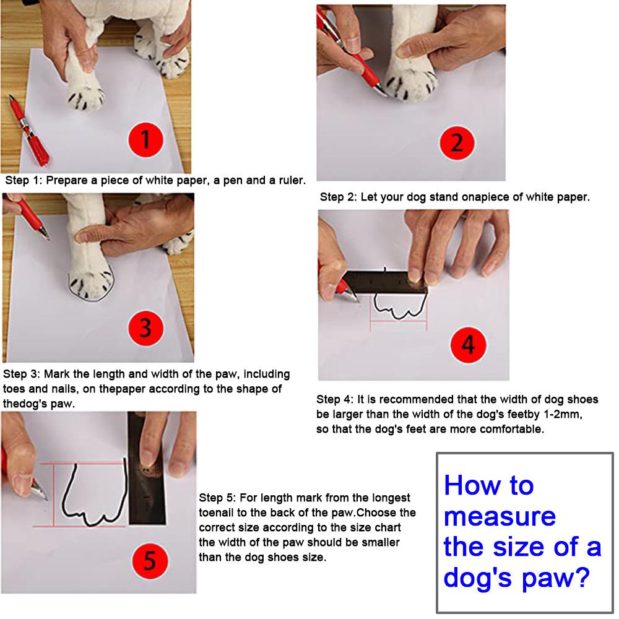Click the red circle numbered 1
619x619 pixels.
pos(145,140)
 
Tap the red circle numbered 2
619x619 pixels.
pos(457,142)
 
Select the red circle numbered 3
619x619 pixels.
pos(145,328)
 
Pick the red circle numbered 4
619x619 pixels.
pos(468,345)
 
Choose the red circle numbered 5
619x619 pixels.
pos(150,561)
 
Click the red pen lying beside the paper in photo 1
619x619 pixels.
pos(28,131)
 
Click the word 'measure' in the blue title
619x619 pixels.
pos(500,516)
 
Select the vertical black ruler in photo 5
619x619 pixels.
pos(147,469)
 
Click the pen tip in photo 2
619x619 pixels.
pos(384,93)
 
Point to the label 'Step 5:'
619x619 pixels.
pos(217,498)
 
